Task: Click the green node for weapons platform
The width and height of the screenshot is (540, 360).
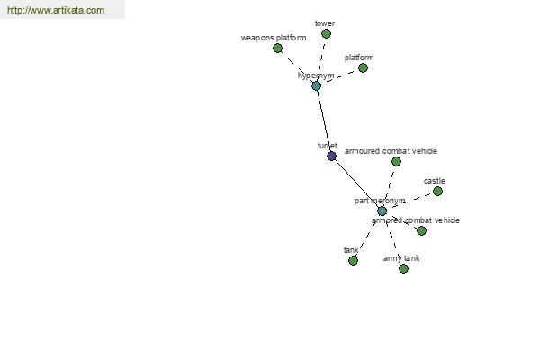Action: (x=278, y=48)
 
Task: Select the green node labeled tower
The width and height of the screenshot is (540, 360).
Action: (x=326, y=34)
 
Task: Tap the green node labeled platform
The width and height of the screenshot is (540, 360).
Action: (x=363, y=67)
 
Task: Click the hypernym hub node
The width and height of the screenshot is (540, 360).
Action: (x=316, y=85)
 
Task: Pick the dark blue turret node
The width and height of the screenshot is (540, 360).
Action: (x=331, y=156)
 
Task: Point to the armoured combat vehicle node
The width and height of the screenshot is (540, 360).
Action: (x=396, y=162)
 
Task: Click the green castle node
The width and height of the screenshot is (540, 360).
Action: (x=437, y=191)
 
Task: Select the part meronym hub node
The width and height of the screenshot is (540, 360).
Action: (x=382, y=211)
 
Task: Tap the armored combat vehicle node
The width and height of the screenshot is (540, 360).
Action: (x=421, y=230)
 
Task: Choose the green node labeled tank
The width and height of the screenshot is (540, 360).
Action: (x=353, y=260)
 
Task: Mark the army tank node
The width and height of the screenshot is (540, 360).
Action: (x=403, y=268)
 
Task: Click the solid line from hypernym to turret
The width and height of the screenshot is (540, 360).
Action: (x=324, y=121)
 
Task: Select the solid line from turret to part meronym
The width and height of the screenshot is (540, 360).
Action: (x=356, y=184)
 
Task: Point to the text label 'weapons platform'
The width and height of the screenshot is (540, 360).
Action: (x=274, y=38)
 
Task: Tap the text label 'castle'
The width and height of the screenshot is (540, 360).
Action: (x=435, y=181)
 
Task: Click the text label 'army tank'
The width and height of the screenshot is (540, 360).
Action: (x=401, y=258)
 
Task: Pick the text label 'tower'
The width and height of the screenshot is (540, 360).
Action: (x=325, y=22)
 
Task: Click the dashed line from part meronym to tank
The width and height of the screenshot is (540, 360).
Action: (x=367, y=236)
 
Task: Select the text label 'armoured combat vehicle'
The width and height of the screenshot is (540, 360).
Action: (x=391, y=151)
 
